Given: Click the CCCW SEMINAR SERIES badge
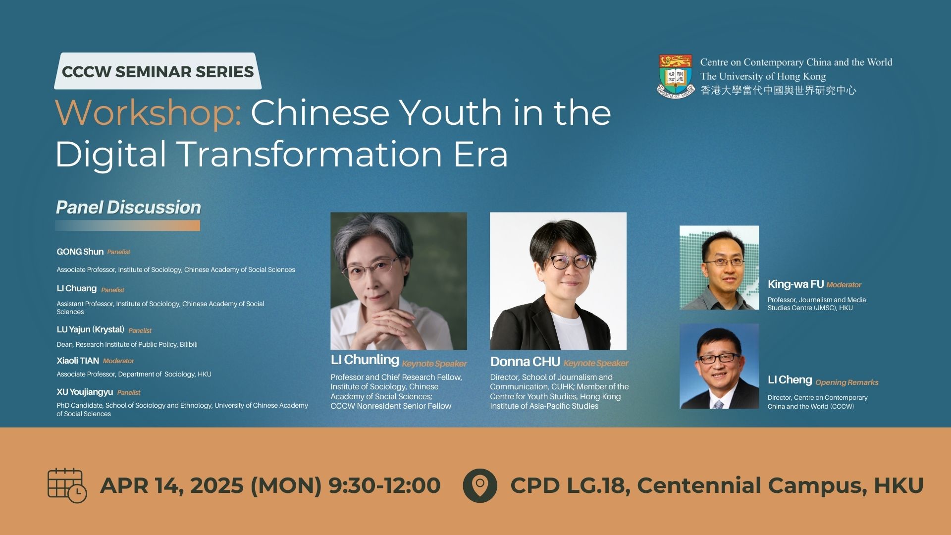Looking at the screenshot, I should (158, 71).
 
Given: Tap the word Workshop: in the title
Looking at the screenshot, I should (148, 113).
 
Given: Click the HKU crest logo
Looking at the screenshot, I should (676, 76).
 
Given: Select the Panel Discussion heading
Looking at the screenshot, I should (128, 208).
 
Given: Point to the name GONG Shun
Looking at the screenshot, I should (80, 252).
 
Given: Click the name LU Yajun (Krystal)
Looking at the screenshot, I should (90, 329).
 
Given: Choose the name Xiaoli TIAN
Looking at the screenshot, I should (78, 361).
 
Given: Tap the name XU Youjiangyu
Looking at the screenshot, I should (85, 392).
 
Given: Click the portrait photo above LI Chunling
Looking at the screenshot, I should (398, 281).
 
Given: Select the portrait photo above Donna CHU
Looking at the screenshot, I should (558, 281).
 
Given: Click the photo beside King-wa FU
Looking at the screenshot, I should (719, 267).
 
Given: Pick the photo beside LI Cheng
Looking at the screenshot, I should (719, 366).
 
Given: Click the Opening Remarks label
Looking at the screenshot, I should (846, 382).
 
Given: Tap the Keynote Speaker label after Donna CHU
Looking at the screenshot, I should (596, 363).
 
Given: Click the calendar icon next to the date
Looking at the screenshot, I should (67, 485).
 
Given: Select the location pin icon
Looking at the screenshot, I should (479, 485).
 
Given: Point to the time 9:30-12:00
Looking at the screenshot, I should (384, 485).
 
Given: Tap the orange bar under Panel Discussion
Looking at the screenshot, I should (127, 226).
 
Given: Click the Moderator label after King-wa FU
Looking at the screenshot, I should (844, 285).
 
